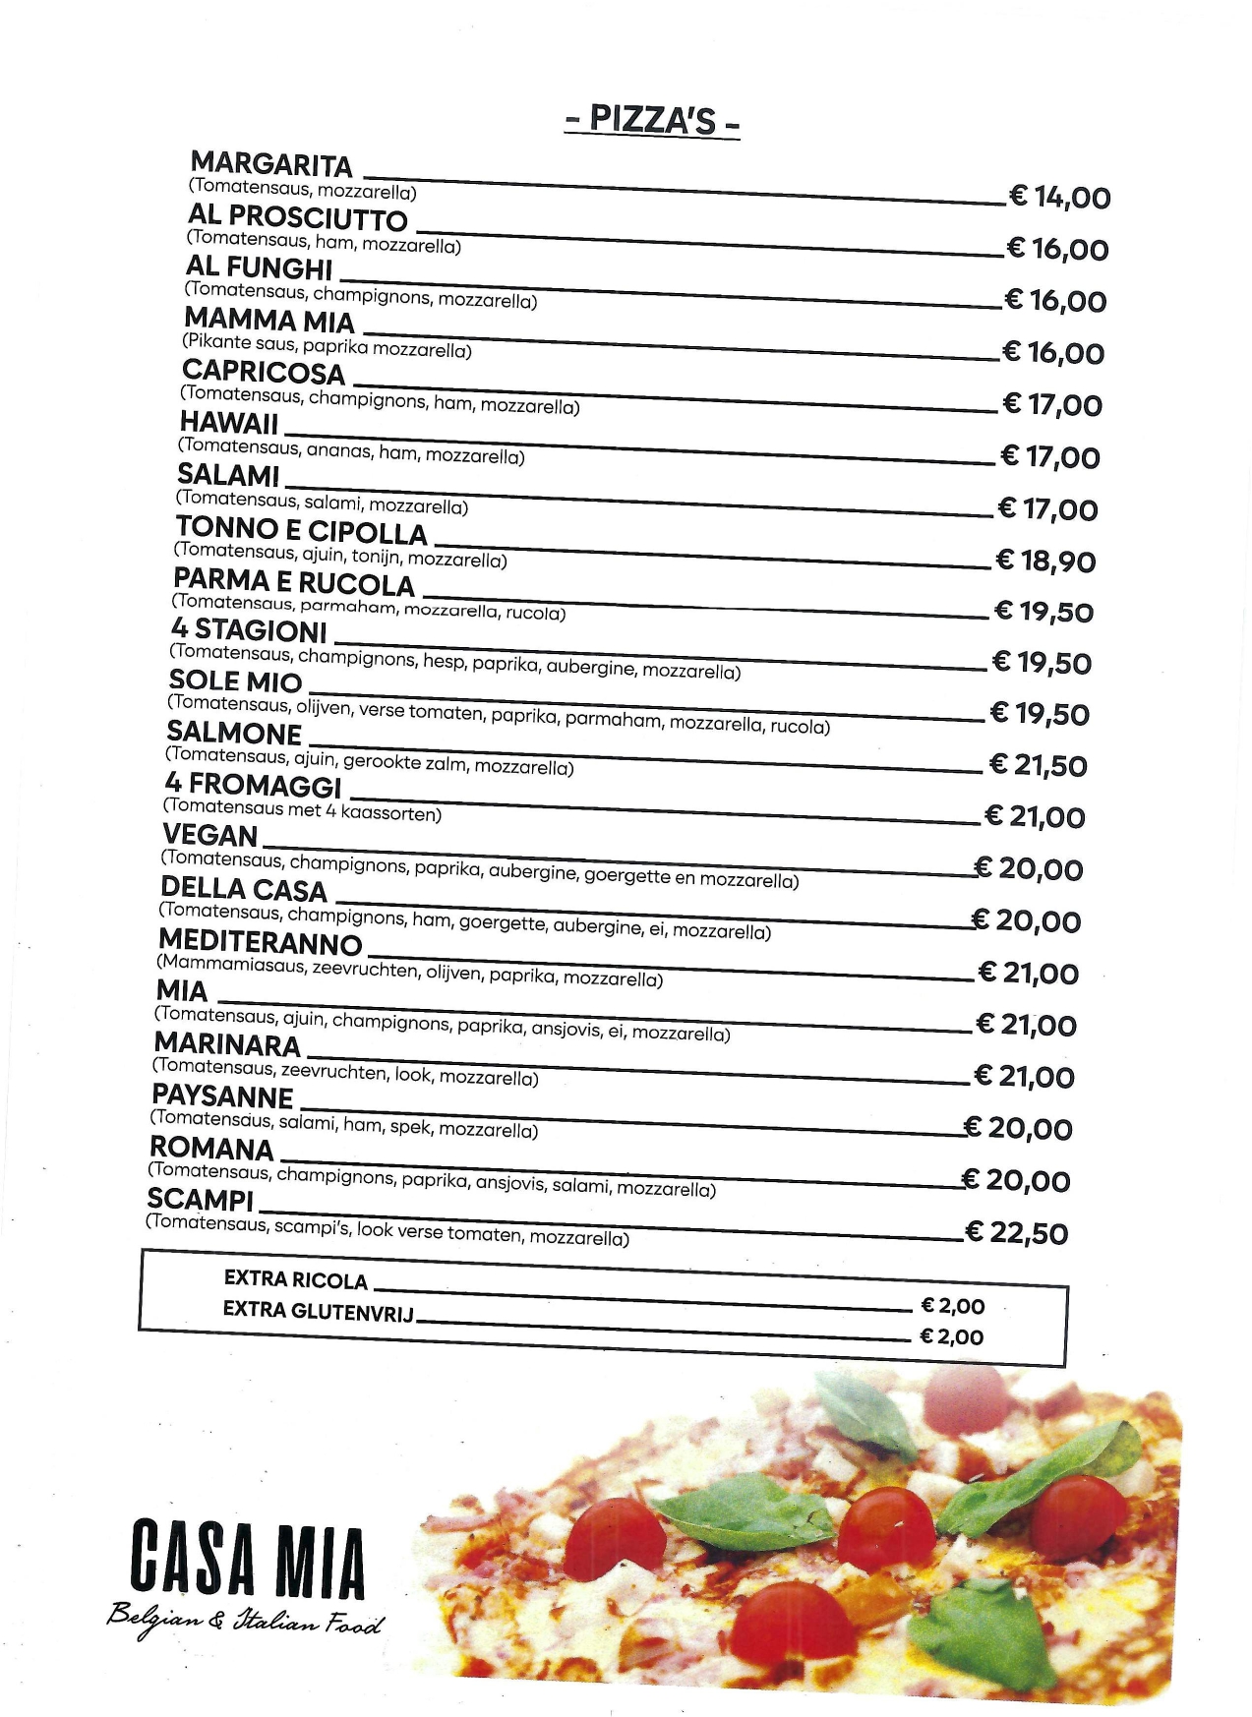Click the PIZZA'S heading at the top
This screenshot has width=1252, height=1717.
[x=652, y=120]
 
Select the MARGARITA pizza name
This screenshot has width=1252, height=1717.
[x=271, y=164]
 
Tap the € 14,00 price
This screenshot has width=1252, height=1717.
[x=1059, y=197]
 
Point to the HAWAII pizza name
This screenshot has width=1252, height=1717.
[x=229, y=424]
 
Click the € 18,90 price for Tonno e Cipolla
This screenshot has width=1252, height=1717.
[x=1045, y=561]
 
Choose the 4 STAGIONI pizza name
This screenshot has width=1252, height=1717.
[x=249, y=629]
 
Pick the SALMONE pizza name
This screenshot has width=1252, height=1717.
[x=234, y=733]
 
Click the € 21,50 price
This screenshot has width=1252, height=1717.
[x=1038, y=765]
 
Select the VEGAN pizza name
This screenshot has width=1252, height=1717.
[x=210, y=836]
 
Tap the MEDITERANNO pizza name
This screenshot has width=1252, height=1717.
[x=260, y=943]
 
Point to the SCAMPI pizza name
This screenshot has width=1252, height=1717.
[x=200, y=1200]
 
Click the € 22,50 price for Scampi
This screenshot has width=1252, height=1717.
[x=1017, y=1232]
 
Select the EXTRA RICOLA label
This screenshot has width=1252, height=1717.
[x=295, y=1279]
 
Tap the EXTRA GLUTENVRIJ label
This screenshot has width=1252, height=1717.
[x=318, y=1311]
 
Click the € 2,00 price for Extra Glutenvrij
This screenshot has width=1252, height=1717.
[x=951, y=1336]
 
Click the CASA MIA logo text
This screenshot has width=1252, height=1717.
[x=247, y=1561]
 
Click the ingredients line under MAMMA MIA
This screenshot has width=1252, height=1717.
[x=327, y=347]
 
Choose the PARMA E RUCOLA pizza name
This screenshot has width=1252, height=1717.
[x=294, y=583]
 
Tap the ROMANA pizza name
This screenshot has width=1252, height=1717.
[x=211, y=1149]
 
